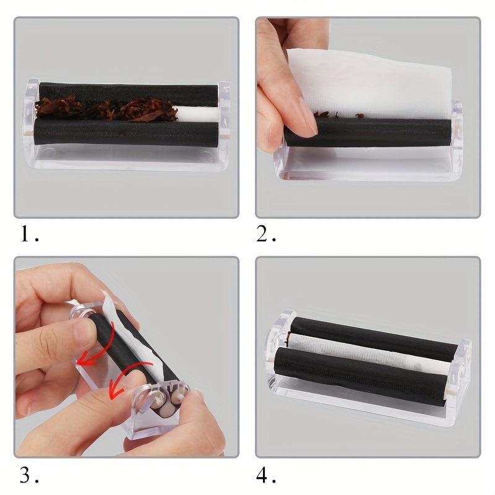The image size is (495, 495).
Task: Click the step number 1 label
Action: point(30,235)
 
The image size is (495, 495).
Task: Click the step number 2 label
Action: point(266,235)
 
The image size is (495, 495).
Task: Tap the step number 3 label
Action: point(29,475)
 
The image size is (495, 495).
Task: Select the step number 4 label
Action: point(266,475)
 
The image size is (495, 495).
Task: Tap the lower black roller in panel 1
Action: point(126,132)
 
